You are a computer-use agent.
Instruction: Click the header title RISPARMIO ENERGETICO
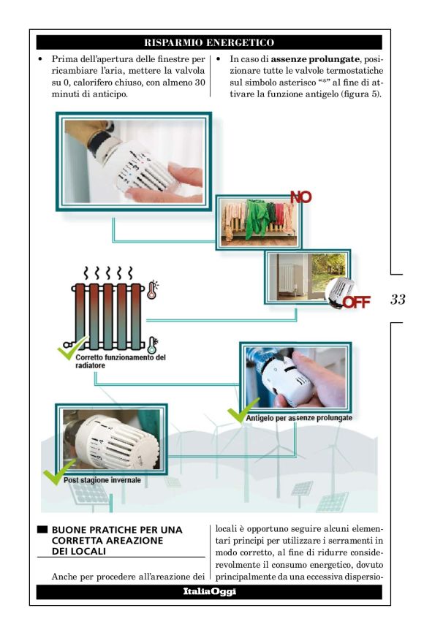pos(209,42)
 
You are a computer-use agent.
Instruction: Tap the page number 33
pos(398,300)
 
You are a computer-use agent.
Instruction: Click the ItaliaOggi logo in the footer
pos(209,592)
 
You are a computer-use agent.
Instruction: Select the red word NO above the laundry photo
pos(301,197)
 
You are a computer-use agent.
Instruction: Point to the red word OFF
pos(356,302)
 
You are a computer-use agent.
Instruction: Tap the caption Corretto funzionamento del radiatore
pos(121,361)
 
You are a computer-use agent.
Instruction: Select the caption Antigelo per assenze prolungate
pos(299,418)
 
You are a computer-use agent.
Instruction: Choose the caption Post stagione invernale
pos(102,480)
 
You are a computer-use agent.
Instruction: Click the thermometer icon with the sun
pos(152,290)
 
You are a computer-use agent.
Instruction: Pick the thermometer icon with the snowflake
pos(153,346)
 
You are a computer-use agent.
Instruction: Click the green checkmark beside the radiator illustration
pos(71,348)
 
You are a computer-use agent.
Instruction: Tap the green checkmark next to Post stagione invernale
pos(58,472)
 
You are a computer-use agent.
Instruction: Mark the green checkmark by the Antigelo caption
pos(242,411)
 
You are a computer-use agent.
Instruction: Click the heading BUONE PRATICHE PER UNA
pos(117,530)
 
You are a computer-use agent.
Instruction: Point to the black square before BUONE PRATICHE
pos(42,530)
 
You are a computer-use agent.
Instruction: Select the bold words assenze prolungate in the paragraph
pos(315,59)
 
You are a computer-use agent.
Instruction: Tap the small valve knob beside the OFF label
pos(341,292)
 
